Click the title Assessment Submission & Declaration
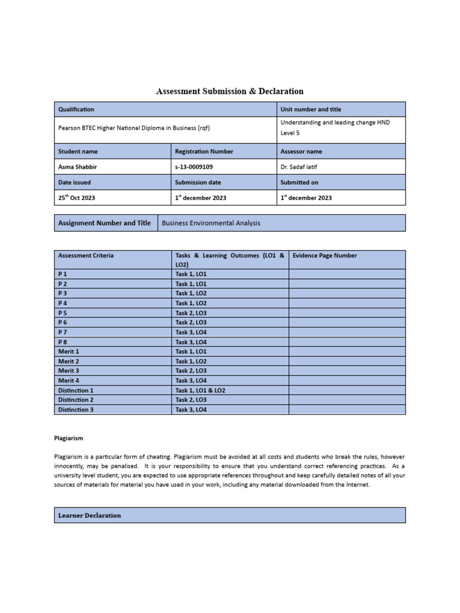coord(229,92)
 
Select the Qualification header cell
coord(76,110)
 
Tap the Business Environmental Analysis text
coord(211,223)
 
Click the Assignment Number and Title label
coord(104,223)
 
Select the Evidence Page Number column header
coord(325,256)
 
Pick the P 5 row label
coord(63,312)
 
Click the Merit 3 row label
coord(68,371)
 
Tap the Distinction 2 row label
coord(75,400)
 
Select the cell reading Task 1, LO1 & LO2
coord(200,390)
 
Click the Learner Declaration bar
coord(90,515)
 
